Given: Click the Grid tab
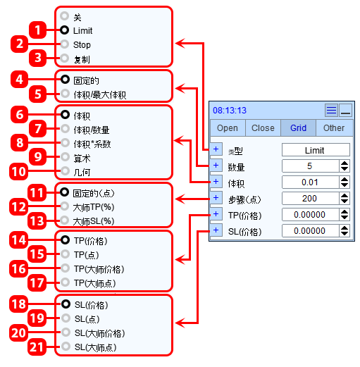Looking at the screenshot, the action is coord(298,128).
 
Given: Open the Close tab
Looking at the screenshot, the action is coord(263,128).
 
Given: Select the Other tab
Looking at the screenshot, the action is coord(334,128).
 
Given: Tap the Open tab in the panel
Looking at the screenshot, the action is coord(228,128).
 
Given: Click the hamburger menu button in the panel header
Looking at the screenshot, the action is coord(331,110).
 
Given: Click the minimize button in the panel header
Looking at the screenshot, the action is coord(345,110).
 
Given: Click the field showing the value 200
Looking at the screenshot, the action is coord(311,199).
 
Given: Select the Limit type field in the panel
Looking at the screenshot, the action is coord(316,150).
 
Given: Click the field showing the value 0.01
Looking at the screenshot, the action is coord(311,182).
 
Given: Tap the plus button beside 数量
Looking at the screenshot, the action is coord(216,166).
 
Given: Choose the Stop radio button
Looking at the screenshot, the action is coord(65,44).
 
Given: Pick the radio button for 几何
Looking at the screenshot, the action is coord(65,171).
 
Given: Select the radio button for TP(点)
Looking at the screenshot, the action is coord(65,254).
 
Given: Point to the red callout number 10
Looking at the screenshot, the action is coord(18,172).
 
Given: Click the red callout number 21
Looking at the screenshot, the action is coord(37,347).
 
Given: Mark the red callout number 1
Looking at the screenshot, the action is coord(37,30).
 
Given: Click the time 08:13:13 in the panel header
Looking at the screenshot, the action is coord(230,111).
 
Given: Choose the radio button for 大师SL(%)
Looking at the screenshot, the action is coord(64,220).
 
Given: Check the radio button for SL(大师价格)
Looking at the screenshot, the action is coord(66,332).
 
